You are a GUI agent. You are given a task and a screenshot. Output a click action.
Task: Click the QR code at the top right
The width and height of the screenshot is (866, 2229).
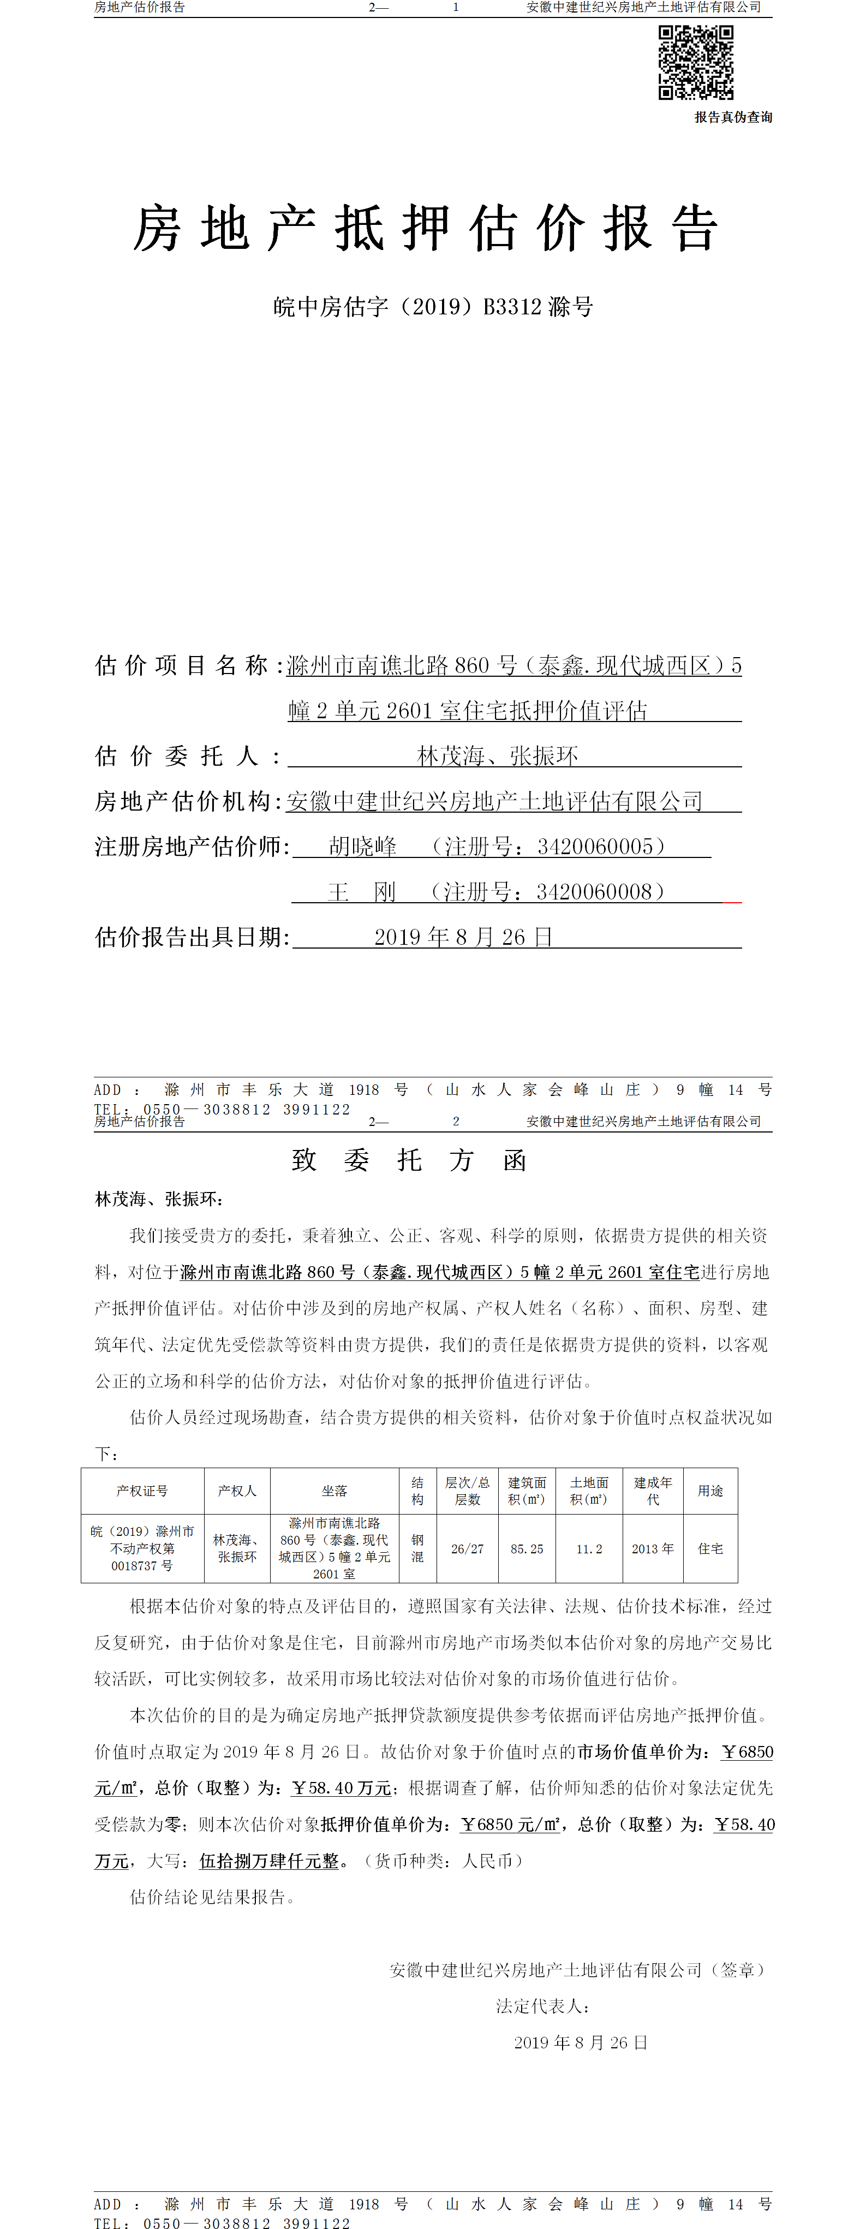tap(696, 62)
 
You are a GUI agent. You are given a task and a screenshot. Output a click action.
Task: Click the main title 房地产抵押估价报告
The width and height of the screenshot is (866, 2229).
tap(425, 229)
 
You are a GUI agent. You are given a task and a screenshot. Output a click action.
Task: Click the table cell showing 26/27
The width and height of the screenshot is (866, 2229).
tap(467, 1549)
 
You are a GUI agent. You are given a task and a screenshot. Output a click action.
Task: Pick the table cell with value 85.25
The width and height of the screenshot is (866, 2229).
tap(527, 1549)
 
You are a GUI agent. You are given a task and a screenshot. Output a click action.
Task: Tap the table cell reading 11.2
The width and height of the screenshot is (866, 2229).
tap(589, 1549)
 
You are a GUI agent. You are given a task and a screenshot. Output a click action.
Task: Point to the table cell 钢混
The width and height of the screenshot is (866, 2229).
tap(417, 1549)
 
